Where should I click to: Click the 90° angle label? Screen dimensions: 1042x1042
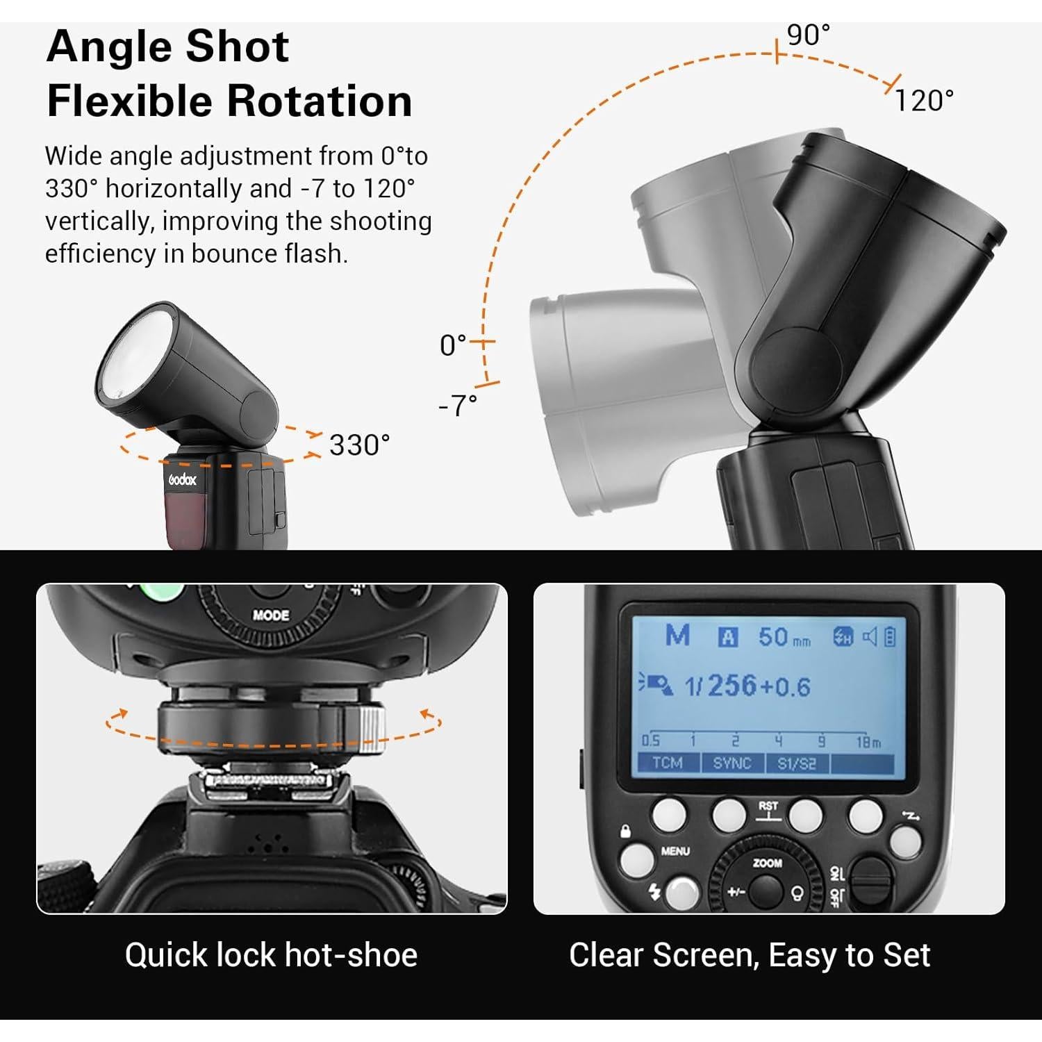tap(808, 35)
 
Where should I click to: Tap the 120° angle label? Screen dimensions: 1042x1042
tap(923, 101)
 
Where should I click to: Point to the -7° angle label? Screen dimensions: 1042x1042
tap(458, 405)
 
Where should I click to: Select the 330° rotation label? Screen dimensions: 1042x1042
tap(359, 445)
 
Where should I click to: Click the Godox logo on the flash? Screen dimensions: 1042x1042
tap(183, 479)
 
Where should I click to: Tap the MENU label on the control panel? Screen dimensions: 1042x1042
tap(675, 851)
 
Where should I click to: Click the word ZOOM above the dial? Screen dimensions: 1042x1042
tap(768, 863)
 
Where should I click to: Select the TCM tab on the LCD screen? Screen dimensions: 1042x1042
tap(667, 763)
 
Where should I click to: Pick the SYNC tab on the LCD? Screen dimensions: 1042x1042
tap(732, 763)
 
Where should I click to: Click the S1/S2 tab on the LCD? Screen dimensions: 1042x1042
tap(796, 763)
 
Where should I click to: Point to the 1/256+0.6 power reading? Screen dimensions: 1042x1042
tap(747, 686)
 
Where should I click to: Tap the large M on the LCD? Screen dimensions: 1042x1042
tap(677, 636)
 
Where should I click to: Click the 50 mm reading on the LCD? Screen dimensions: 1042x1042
tap(784, 638)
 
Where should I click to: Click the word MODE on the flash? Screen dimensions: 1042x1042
tap(271, 615)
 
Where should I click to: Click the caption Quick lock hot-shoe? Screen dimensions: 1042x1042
tap(271, 955)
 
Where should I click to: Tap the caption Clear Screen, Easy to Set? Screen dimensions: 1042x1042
tap(749, 955)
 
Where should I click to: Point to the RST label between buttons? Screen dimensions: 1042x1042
tap(768, 807)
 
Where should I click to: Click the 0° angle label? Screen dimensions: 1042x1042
tap(453, 345)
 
